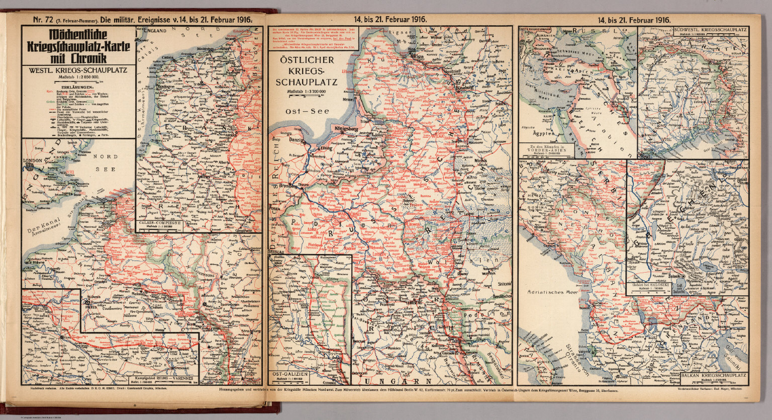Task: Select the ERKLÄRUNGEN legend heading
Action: point(78,87)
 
